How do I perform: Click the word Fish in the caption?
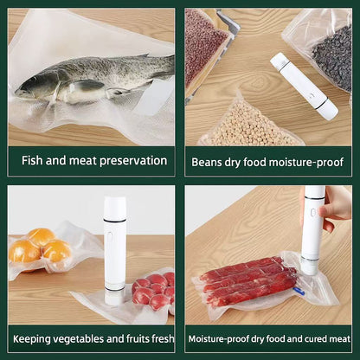click(x=32, y=160)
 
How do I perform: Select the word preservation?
click(x=133, y=161)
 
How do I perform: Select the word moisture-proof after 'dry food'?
click(x=306, y=162)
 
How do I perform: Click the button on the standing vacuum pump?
click(x=109, y=237)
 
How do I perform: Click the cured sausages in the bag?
click(x=248, y=280)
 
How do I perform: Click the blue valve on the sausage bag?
click(x=299, y=291)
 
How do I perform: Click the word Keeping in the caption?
click(x=32, y=339)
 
